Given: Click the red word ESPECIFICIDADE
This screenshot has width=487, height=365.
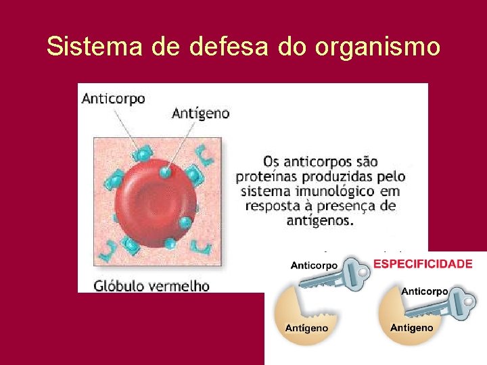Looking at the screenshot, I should click(x=423, y=264).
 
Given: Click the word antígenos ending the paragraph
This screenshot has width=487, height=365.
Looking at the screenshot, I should click(x=319, y=221).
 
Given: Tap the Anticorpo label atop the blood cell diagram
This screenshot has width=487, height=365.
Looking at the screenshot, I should click(x=113, y=99).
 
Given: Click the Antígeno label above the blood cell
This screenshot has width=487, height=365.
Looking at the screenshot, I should click(x=201, y=114).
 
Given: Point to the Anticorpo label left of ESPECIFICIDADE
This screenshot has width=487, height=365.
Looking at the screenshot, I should click(x=314, y=266).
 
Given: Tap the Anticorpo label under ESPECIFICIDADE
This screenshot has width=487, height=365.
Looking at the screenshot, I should click(x=425, y=291).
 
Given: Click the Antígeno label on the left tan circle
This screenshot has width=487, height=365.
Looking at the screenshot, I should click(x=306, y=328).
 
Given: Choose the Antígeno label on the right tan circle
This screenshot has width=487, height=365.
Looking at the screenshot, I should click(x=411, y=328).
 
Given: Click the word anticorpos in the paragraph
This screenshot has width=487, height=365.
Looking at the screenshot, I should click(x=320, y=162).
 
